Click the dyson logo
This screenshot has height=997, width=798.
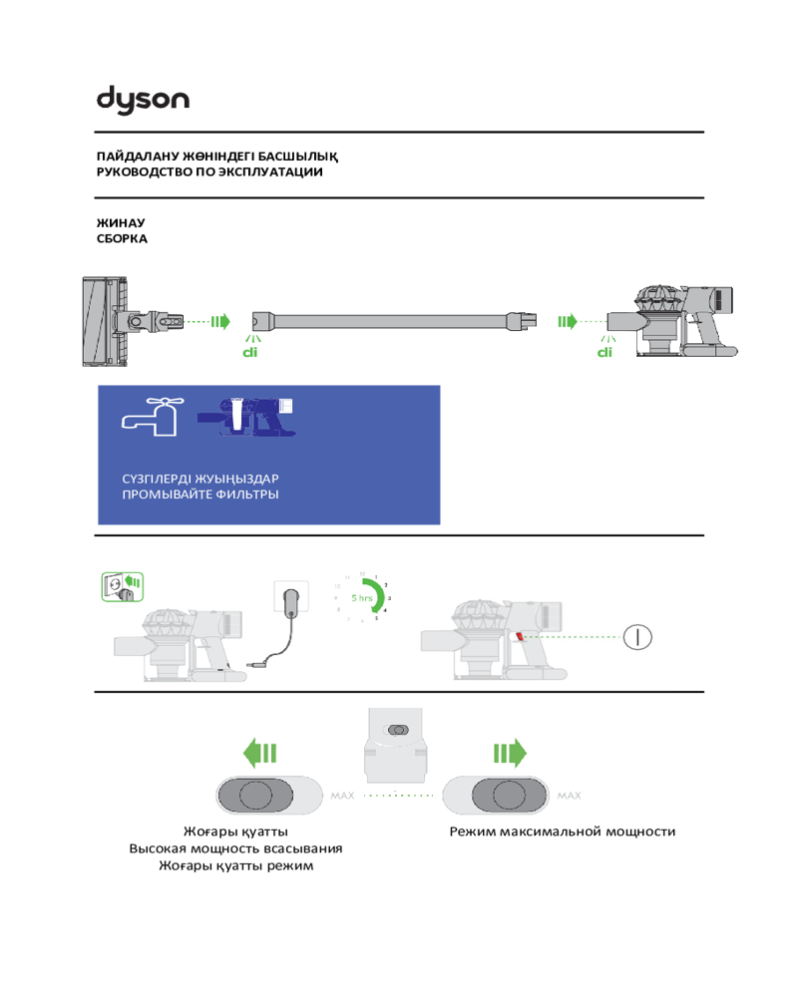pos(143,99)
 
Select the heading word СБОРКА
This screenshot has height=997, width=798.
pos(122,239)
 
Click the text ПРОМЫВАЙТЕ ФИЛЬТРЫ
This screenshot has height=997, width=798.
pos(199,495)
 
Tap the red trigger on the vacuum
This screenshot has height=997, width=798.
pos(520,636)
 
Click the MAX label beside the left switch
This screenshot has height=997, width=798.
pos(339,796)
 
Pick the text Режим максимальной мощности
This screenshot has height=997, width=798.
pos(563,831)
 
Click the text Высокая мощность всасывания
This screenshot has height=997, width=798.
pos(235,848)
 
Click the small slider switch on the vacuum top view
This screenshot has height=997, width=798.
pos(397,731)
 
